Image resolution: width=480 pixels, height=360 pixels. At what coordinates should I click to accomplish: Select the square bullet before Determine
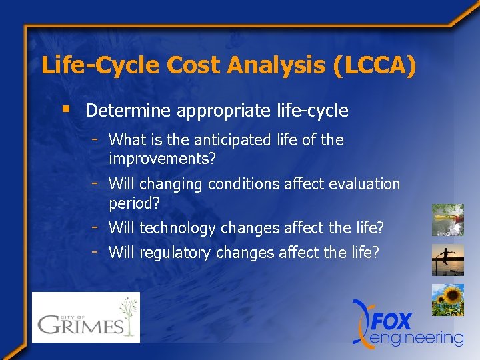pyautogui.click(x=65, y=109)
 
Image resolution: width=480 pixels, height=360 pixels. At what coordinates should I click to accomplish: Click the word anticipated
pyautogui.click(x=225, y=140)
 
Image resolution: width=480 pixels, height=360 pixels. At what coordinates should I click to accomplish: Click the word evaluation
pyautogui.click(x=363, y=184)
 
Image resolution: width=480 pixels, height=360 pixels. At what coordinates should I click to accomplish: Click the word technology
pyautogui.click(x=178, y=229)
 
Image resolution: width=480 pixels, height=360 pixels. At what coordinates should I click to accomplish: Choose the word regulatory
pyautogui.click(x=175, y=253)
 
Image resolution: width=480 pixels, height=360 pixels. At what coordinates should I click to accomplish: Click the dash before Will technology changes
pyautogui.click(x=96, y=227)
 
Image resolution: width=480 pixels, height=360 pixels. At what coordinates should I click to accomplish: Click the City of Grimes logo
pyautogui.click(x=86, y=317)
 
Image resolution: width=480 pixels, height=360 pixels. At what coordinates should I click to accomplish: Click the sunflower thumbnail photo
pyautogui.click(x=447, y=300)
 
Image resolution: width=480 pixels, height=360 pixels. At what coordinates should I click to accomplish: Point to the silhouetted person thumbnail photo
pyautogui.click(x=447, y=260)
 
